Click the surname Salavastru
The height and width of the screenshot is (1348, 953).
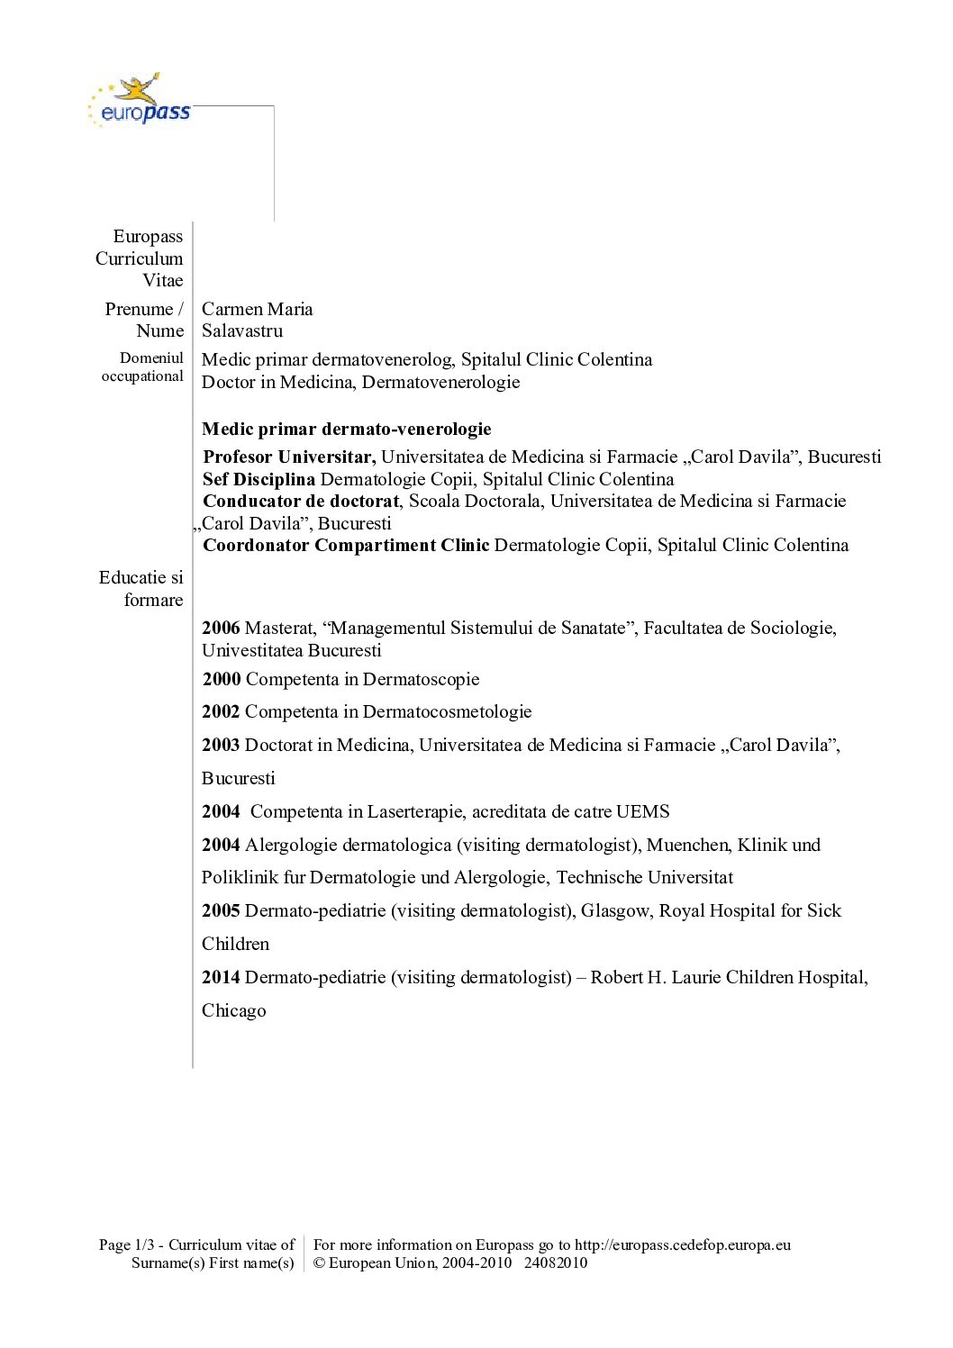pyautogui.click(x=242, y=330)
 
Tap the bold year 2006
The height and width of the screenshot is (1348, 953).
pyautogui.click(x=221, y=628)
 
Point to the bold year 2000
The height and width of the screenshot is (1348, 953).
pyautogui.click(x=222, y=679)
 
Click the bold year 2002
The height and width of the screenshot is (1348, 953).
pyautogui.click(x=221, y=711)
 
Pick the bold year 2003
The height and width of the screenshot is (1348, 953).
pyautogui.click(x=221, y=745)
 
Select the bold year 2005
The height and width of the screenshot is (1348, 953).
pyautogui.click(x=221, y=910)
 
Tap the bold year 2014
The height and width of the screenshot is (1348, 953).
pyautogui.click(x=221, y=977)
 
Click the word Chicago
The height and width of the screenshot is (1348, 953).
pyautogui.click(x=234, y=1010)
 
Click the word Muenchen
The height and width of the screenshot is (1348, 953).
pyautogui.click(x=688, y=845)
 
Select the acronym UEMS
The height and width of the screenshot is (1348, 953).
pyautogui.click(x=642, y=811)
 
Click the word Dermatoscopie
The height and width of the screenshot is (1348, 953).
pyautogui.click(x=421, y=679)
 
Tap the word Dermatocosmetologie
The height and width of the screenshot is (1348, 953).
pyautogui.click(x=447, y=711)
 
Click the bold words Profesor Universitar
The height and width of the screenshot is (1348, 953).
pyautogui.click(x=289, y=457)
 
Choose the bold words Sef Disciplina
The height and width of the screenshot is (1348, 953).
pyautogui.click(x=259, y=479)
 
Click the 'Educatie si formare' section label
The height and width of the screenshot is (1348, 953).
pyautogui.click(x=141, y=588)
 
